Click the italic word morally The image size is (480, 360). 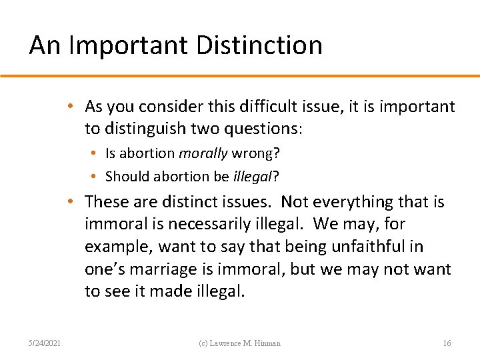click(203, 153)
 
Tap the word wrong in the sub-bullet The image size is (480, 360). click(255, 153)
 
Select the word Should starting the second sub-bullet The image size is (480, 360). click(128, 176)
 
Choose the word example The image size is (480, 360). click(119, 247)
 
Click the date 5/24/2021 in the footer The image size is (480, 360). click(45, 343)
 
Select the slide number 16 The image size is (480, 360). click(447, 343)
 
